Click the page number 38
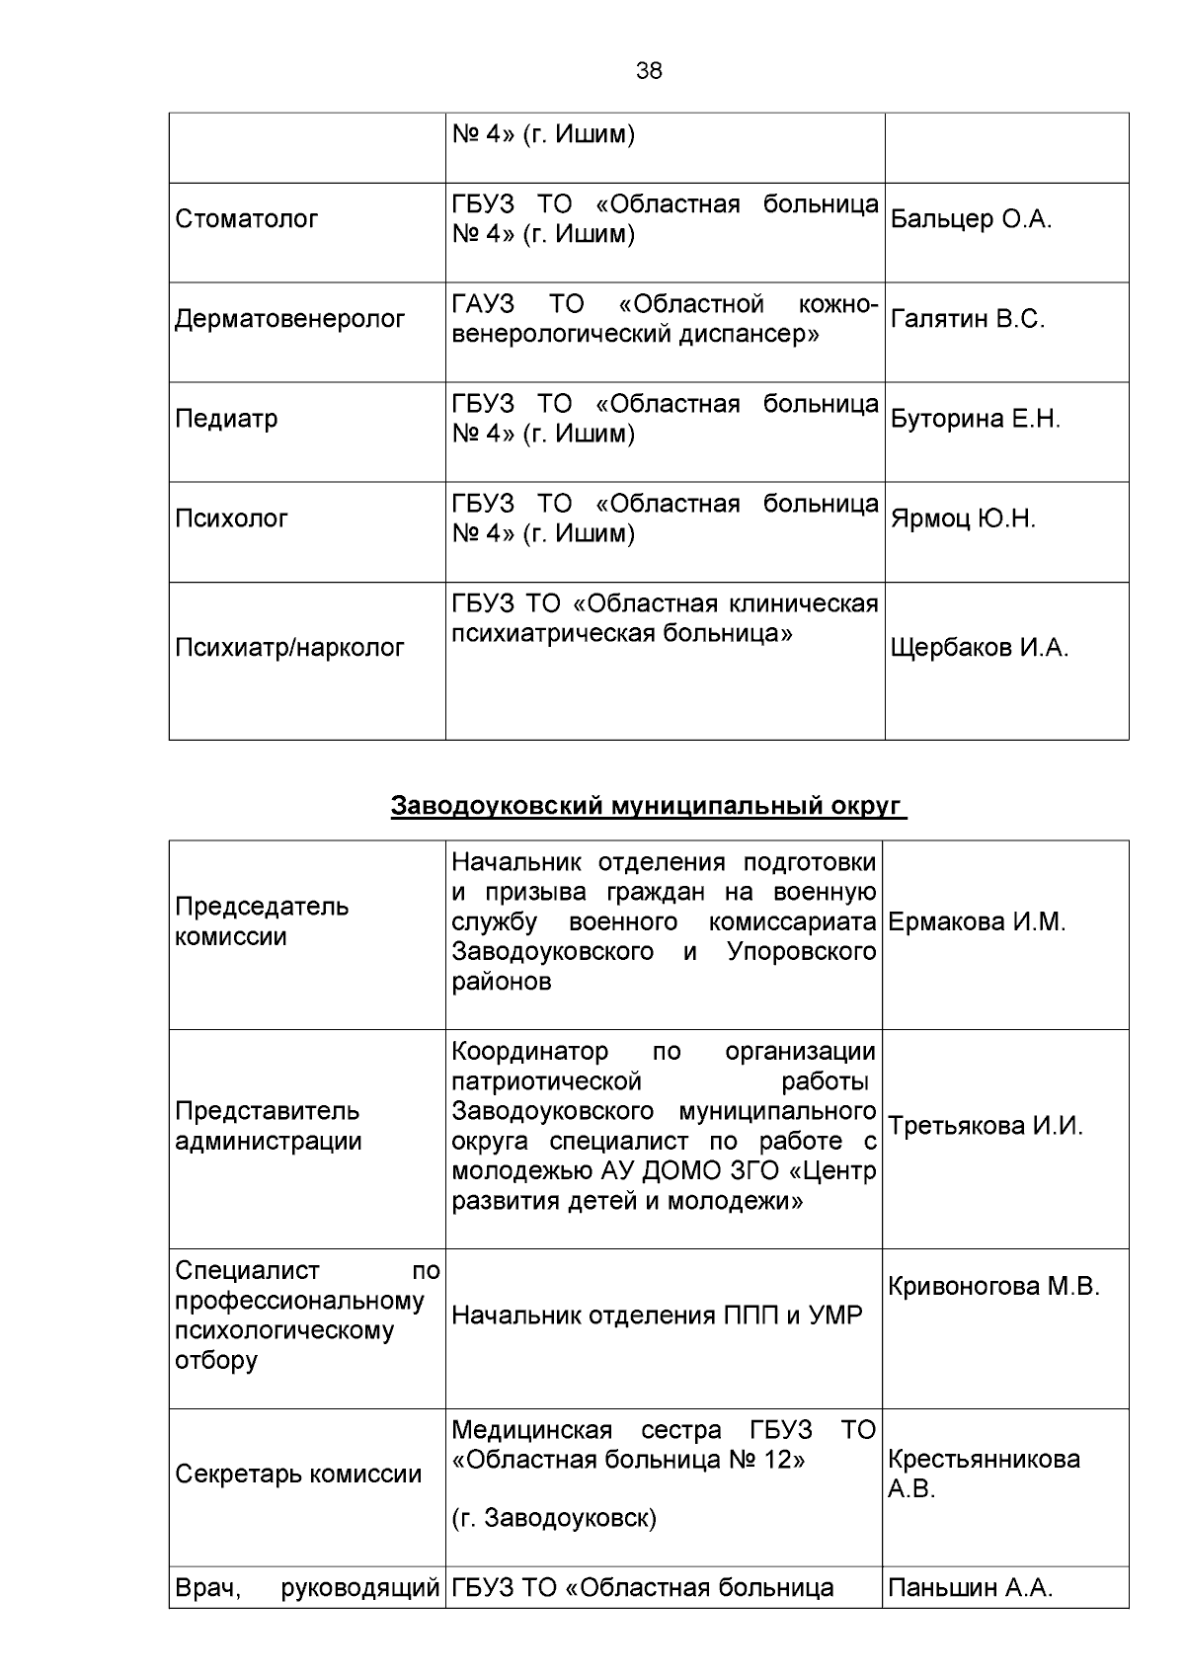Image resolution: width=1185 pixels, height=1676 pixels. pos(649,71)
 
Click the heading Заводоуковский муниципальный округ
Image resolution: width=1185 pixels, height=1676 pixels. pos(648,806)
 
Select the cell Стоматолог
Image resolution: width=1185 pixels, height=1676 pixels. pos(246,219)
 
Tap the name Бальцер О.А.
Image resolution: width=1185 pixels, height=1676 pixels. pos(971,219)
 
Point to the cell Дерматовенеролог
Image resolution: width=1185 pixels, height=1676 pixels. pos(289,319)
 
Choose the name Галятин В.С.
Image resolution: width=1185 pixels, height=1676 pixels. pos(967,319)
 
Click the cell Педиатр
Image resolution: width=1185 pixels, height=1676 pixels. pos(226,419)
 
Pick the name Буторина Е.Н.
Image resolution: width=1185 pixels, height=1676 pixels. pos(975,419)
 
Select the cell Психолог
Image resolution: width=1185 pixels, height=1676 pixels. pos(231,519)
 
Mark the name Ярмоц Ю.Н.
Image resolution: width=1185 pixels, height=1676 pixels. pos(963,519)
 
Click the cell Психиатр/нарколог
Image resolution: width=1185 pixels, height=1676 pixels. pos(289,648)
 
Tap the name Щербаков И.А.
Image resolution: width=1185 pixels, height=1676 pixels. pos(979,648)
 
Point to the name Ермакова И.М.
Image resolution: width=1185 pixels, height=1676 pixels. pos(977,922)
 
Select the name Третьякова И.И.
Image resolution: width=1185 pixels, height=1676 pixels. pos(985,1126)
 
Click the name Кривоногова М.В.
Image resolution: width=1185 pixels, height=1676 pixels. pos(993,1286)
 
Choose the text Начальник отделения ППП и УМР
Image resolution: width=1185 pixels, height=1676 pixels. pos(657,1316)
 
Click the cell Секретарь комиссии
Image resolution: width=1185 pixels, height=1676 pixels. pos(297,1475)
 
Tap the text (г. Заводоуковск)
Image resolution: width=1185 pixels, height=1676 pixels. pos(553,1518)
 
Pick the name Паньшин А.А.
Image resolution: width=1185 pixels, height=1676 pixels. pos(970,1588)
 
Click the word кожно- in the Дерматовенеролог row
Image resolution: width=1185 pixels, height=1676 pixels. pos(837,304)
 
